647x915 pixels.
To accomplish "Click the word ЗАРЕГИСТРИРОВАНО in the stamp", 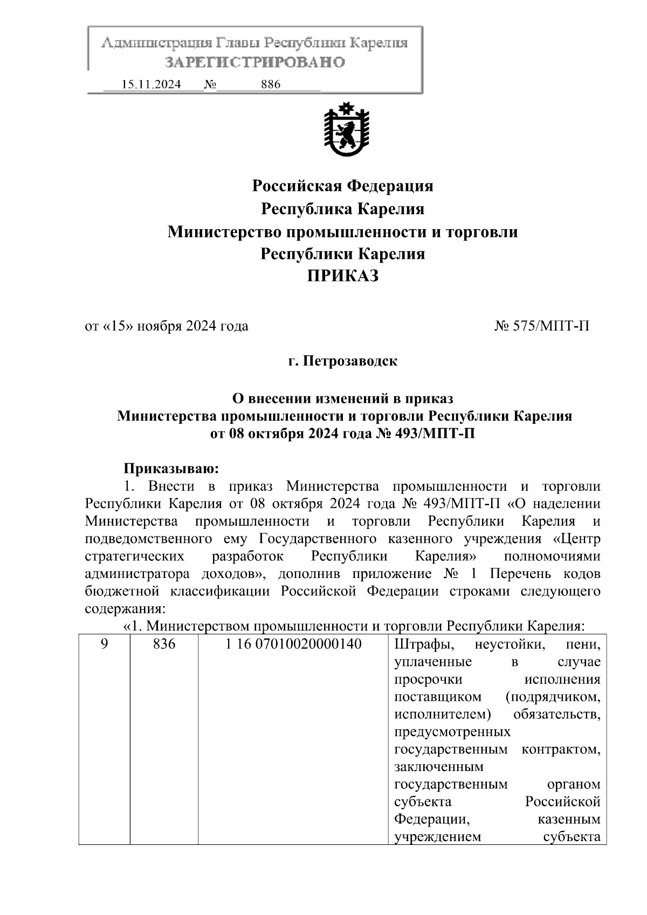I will coord(254,63).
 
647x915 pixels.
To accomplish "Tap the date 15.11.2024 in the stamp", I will coord(151,84).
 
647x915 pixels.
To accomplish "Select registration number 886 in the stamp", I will coord(271,84).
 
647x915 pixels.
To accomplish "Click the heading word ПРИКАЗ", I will coord(343,277).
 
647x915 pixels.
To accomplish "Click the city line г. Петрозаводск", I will coord(343,361).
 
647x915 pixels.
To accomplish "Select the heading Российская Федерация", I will coord(343,186).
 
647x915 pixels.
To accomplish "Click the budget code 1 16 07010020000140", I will coord(293,644).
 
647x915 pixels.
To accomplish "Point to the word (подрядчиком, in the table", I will coord(553,697).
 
